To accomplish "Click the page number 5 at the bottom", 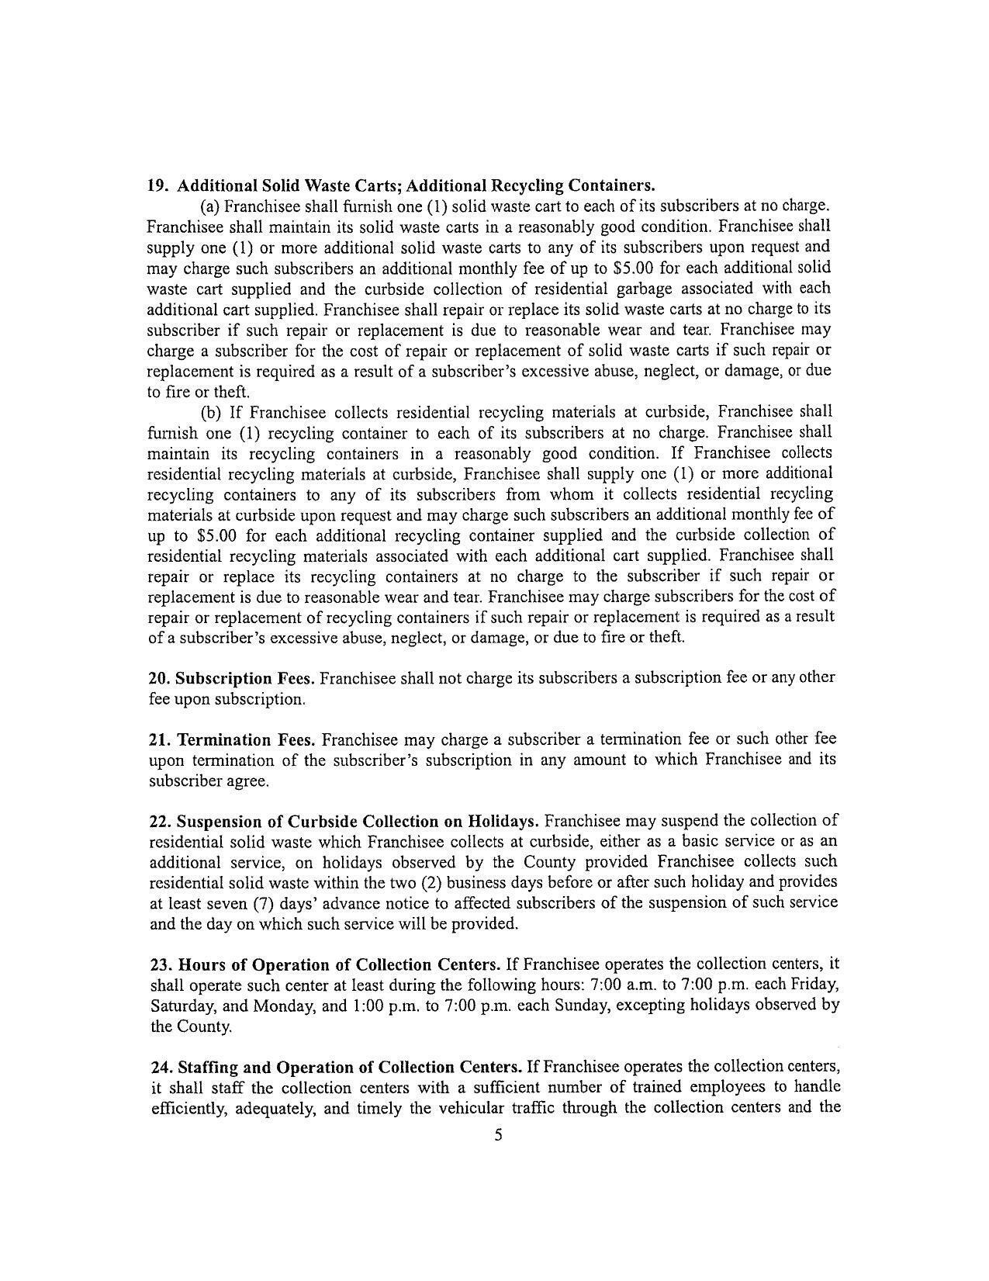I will pos(498,1136).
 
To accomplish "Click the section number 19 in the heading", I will pos(157,186).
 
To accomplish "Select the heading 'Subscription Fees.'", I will pos(245,678).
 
